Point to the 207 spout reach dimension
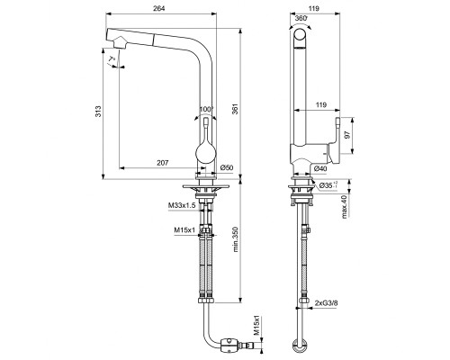162,161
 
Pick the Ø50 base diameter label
226,168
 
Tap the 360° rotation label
301,17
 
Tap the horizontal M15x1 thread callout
183,230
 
